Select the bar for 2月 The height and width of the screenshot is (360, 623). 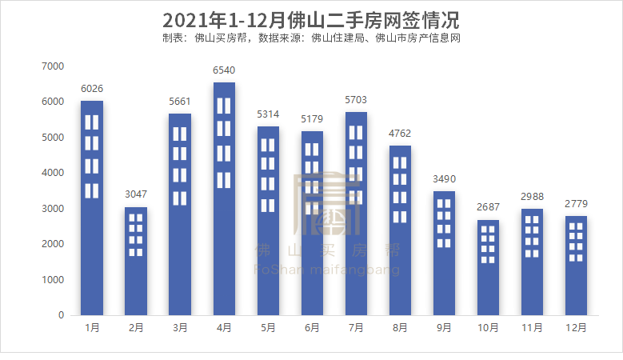[136, 261]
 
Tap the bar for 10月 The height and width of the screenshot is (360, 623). [489, 267]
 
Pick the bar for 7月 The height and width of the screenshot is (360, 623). [357, 213]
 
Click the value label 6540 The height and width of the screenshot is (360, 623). [224, 71]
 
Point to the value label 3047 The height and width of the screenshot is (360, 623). [136, 195]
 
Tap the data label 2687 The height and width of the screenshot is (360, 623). [489, 208]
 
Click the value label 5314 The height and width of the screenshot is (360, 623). [268, 115]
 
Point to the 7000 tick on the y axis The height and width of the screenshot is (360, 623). [53, 66]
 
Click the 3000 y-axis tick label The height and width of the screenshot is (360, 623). [53, 209]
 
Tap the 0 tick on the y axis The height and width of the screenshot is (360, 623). [61, 315]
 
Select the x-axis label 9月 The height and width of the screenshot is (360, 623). [445, 328]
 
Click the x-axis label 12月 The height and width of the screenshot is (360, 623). [577, 328]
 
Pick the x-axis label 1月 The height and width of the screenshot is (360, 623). [92, 328]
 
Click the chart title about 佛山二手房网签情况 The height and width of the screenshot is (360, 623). [311, 19]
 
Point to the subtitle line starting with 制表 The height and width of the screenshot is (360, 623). [311, 38]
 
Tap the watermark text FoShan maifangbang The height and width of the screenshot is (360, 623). [325, 270]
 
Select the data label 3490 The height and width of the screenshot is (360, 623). [445, 180]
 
